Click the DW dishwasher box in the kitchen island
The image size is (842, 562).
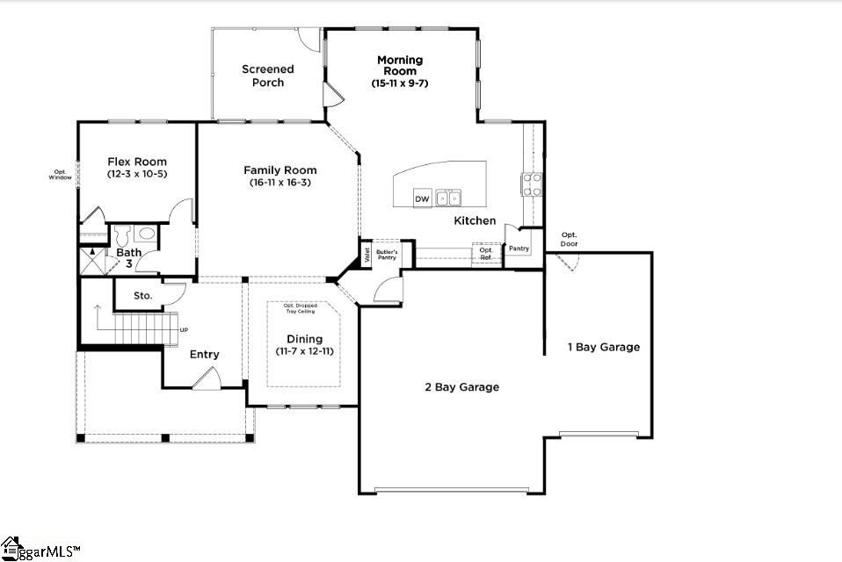[422, 198]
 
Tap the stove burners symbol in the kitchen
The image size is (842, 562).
[533, 184]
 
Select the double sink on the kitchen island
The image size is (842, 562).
[448, 198]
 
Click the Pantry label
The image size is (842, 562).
[519, 249]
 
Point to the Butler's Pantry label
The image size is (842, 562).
[388, 255]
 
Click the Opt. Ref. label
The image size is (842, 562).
[485, 253]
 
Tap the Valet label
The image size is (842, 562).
[367, 255]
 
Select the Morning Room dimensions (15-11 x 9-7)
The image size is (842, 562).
[400, 83]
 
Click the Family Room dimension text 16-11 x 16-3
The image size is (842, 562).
[280, 183]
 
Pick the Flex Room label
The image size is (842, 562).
[137, 162]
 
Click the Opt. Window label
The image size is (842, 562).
[60, 174]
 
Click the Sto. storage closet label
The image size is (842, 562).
[143, 296]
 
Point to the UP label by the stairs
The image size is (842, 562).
[183, 330]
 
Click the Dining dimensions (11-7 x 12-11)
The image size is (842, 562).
[304, 351]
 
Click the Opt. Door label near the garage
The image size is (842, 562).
[570, 239]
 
